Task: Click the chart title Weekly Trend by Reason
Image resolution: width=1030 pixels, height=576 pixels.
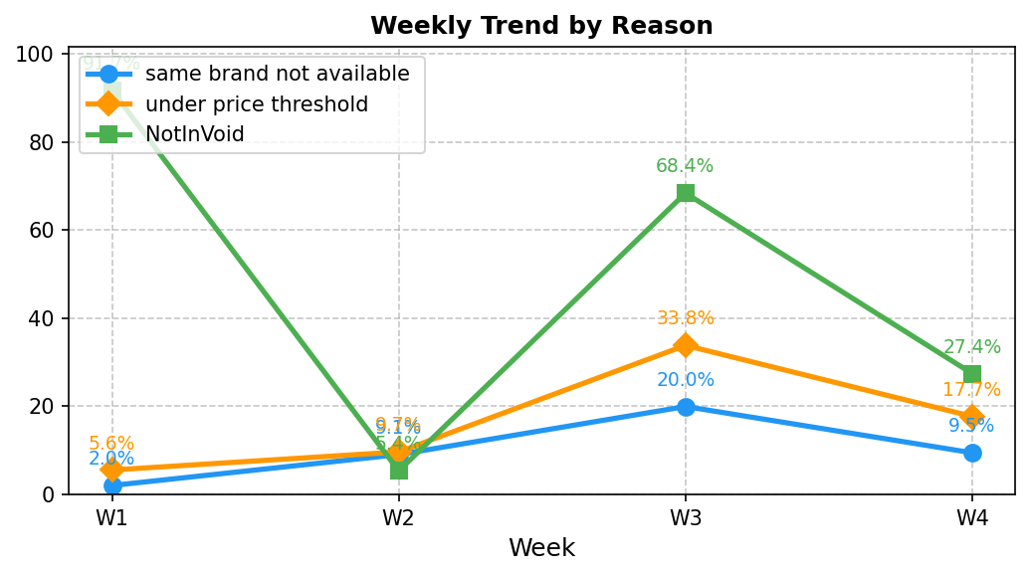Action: coord(541,26)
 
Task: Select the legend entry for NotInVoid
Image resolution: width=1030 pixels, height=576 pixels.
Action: coord(195,134)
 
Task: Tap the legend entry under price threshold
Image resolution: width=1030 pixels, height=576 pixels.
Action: coord(257,104)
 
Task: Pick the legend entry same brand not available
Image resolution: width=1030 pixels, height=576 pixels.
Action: coord(277,74)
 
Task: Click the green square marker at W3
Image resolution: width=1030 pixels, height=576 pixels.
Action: coord(686,193)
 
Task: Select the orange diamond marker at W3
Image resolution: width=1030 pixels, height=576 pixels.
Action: coord(686,345)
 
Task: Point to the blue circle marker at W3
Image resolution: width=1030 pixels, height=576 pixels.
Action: coord(686,406)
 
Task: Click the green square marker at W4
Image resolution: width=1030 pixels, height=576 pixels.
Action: coord(972,374)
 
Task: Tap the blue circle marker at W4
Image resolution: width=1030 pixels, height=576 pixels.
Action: coord(972,453)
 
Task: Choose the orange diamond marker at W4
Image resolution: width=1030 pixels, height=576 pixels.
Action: coord(972,417)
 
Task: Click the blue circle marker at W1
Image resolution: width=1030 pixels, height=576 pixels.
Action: coord(112,485)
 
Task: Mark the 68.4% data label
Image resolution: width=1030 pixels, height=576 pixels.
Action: coord(685,166)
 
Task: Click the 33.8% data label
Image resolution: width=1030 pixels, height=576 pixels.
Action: coord(685,318)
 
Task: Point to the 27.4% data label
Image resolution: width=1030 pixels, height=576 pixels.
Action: coord(972,347)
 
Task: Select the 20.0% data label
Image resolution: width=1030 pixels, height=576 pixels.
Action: coord(685,380)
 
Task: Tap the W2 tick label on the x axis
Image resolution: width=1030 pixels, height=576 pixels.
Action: coord(399,518)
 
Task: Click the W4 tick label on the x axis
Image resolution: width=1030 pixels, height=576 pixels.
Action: coord(972,518)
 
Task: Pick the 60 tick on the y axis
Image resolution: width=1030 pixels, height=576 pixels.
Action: coord(43,230)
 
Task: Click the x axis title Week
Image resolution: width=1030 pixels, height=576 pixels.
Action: coord(541,548)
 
